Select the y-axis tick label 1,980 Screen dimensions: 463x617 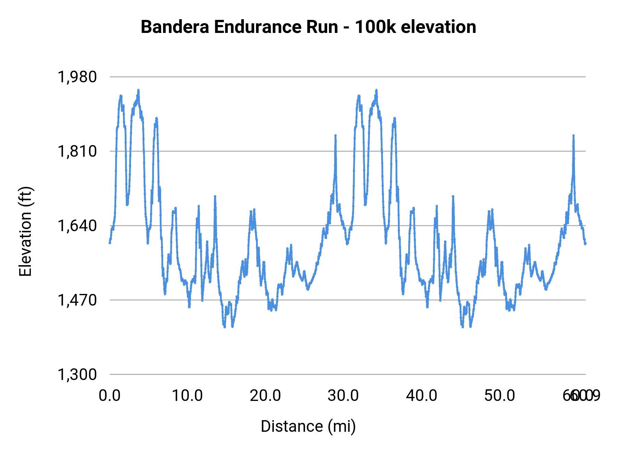point(77,77)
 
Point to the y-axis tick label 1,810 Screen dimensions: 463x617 point(77,151)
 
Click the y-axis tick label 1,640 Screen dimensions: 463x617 point(77,226)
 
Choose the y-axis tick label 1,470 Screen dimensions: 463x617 point(77,300)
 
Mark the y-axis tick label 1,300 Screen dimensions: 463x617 point(77,375)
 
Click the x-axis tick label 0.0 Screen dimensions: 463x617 point(110,396)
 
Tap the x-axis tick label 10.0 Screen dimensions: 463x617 point(187,396)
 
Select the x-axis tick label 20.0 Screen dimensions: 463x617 point(265,396)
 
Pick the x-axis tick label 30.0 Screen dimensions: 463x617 point(343,396)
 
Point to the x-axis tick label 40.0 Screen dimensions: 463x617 point(422,396)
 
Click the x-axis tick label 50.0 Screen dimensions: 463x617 point(500,396)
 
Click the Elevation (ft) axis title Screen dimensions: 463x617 point(25,231)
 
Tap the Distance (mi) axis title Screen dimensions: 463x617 point(308,426)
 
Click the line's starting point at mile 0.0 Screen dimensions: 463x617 point(110,243)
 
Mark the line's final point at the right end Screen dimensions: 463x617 point(585,244)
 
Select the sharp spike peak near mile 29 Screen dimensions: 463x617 point(336,135)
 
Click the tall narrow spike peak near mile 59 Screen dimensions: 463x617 point(573,135)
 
